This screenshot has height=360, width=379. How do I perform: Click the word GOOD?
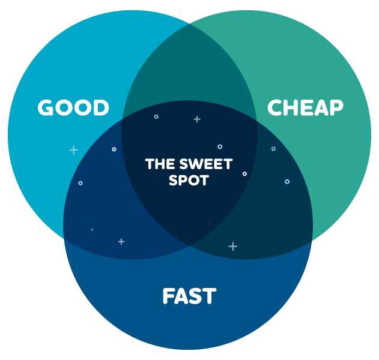click(x=73, y=108)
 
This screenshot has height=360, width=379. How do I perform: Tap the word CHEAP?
click(x=305, y=108)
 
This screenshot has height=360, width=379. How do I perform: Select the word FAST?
click(x=189, y=296)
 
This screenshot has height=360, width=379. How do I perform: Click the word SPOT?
click(x=189, y=180)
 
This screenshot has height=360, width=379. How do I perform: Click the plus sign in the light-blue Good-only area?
click(x=73, y=150)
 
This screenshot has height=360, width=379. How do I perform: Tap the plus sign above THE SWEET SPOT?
click(x=196, y=119)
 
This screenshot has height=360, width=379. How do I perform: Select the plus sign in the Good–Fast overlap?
click(x=121, y=241)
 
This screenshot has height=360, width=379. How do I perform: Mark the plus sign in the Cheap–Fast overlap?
click(x=233, y=246)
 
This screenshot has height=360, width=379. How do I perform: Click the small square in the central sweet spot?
click(x=156, y=116)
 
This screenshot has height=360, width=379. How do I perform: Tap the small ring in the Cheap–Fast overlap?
click(x=287, y=181)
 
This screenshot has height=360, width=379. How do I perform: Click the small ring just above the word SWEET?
click(x=220, y=146)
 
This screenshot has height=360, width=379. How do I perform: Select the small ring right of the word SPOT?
click(x=244, y=174)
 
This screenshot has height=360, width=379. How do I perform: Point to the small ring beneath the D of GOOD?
click(x=114, y=149)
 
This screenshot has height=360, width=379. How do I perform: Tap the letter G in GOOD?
click(x=46, y=108)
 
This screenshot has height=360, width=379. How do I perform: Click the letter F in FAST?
click(x=169, y=296)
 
